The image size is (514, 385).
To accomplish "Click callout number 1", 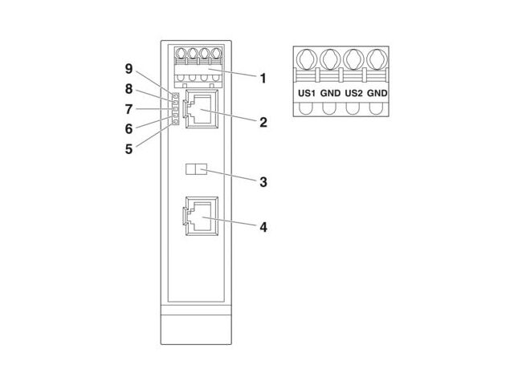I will pyautogui.click(x=262, y=79).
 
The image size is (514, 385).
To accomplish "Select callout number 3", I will pyautogui.click(x=262, y=181).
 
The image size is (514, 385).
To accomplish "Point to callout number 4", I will pyautogui.click(x=262, y=226).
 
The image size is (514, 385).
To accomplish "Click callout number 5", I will pyautogui.click(x=128, y=148).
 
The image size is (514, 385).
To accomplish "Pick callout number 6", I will pyautogui.click(x=128, y=128).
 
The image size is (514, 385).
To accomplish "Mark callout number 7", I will pyautogui.click(x=128, y=108).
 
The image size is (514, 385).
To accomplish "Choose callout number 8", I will pyautogui.click(x=128, y=89).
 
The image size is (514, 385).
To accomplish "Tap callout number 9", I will pyautogui.click(x=128, y=70).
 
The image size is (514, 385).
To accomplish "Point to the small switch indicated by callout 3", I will pyautogui.click(x=196, y=170).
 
